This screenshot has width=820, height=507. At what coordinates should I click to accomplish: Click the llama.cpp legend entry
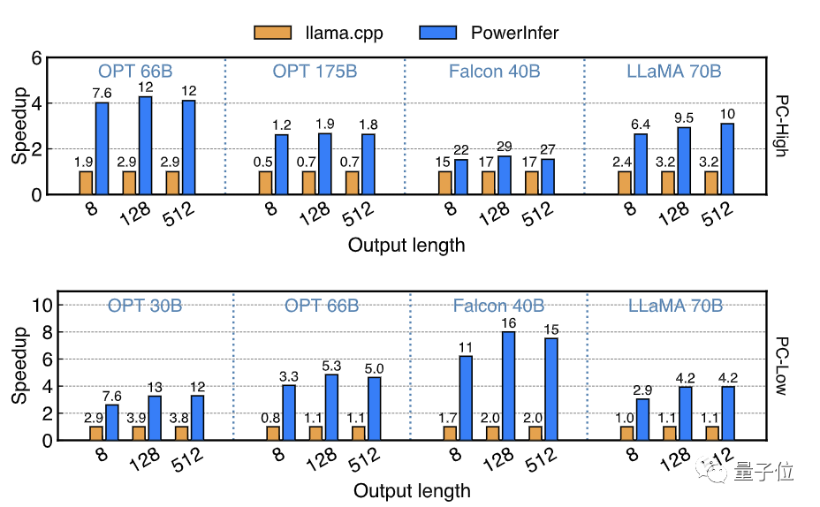[313, 33]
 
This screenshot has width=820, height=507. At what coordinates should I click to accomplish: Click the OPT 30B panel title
[145, 306]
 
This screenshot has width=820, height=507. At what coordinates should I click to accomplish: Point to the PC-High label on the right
[781, 125]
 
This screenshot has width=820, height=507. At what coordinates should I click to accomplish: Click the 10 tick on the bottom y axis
[31, 305]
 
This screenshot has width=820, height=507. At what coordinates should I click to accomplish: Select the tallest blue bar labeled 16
[508, 385]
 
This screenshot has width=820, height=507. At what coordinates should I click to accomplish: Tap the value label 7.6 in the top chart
[102, 94]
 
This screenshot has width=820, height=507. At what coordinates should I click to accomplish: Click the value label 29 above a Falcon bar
[505, 146]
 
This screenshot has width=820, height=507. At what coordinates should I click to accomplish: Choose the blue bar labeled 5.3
[330, 407]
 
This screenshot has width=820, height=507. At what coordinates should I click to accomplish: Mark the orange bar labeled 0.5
[265, 183]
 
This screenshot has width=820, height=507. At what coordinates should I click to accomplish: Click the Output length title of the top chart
[406, 246]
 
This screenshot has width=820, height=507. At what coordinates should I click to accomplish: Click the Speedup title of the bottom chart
[19, 364]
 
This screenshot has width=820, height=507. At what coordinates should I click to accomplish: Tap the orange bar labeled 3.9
[139, 433]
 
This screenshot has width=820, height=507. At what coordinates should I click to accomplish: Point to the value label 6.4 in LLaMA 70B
[641, 124]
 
